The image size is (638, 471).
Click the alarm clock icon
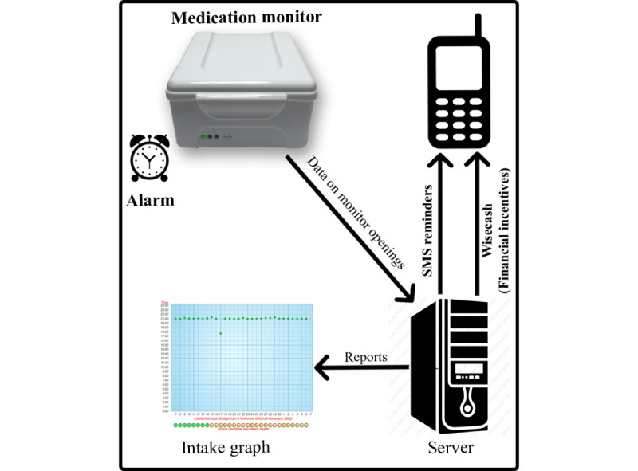tap(150, 156)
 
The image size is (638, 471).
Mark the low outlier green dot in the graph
tap(220, 333)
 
